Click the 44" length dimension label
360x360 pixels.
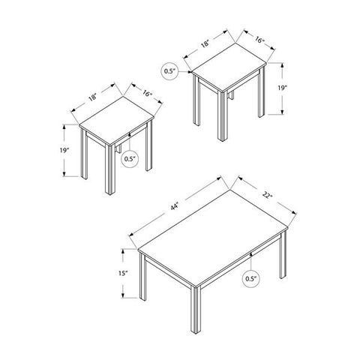(174, 207)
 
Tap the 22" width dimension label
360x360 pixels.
(267, 195)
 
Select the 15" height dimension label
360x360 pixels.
(123, 273)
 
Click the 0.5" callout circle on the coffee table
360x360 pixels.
(251, 279)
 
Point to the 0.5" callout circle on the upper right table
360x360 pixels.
(169, 71)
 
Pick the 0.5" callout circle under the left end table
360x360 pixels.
(130, 159)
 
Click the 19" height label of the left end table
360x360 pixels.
(64, 150)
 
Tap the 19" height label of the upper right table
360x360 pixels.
(282, 88)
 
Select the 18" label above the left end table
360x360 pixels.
(93, 97)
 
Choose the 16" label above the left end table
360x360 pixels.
(148, 94)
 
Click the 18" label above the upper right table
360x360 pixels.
(205, 44)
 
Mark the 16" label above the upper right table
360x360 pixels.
(260, 40)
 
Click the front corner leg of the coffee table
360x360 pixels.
(196, 310)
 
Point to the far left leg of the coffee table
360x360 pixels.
(143, 277)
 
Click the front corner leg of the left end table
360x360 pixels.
(109, 169)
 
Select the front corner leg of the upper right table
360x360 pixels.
(222, 116)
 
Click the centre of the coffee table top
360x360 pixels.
(213, 238)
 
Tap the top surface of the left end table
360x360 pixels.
(116, 121)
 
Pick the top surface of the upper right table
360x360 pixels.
(229, 67)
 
